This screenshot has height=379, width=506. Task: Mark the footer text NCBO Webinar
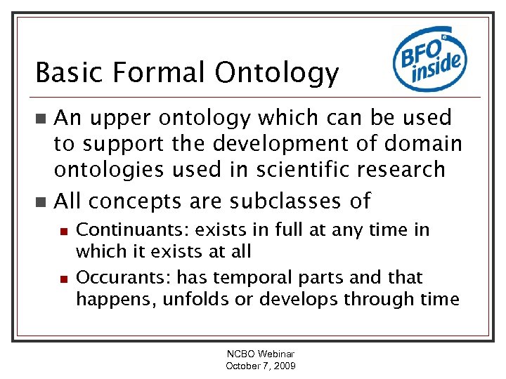pyautogui.click(x=260, y=355)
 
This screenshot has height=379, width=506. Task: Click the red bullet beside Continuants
pyautogui.click(x=63, y=230)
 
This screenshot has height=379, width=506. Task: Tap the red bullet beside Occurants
pyautogui.click(x=63, y=277)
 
